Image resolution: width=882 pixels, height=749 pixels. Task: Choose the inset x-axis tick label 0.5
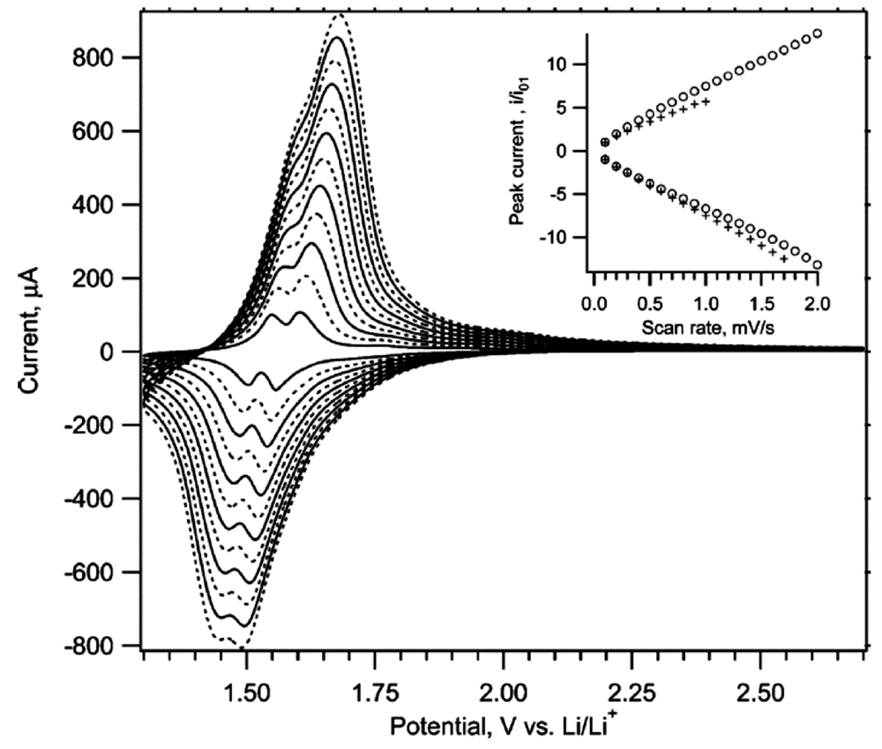648,303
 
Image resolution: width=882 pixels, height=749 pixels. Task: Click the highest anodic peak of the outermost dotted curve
340,15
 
